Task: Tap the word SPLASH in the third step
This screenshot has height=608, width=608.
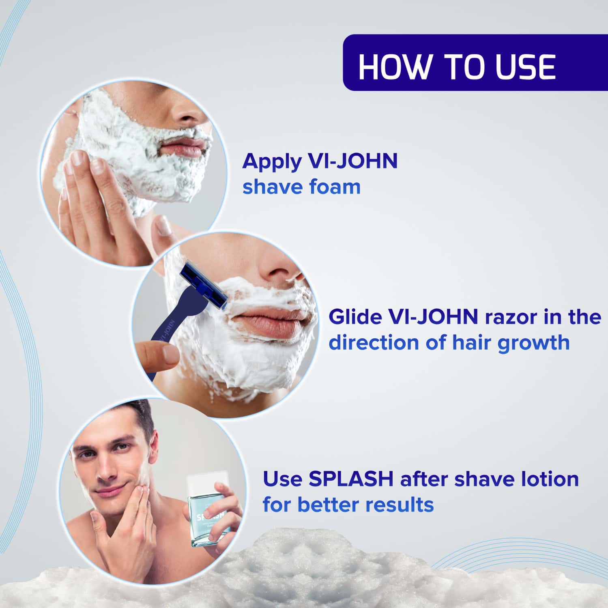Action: point(351,479)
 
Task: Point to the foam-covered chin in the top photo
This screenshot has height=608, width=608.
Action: point(183,183)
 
